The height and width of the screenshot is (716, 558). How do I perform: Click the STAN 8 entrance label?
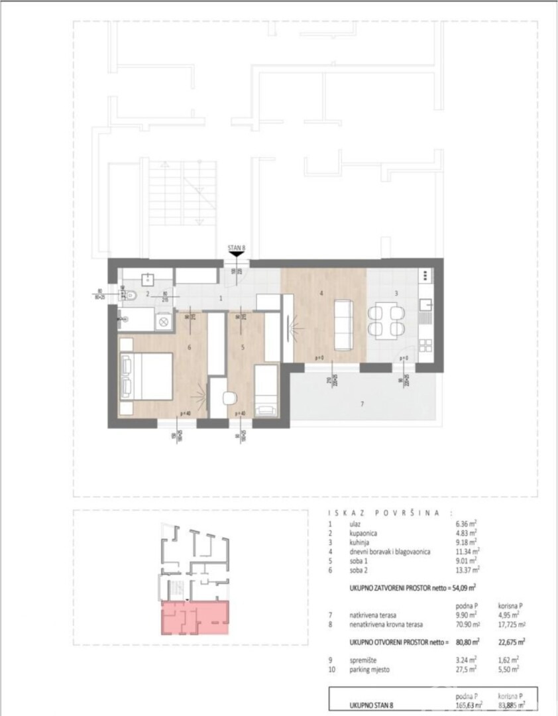tap(237, 249)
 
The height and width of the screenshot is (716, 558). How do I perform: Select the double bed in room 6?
tap(146, 375)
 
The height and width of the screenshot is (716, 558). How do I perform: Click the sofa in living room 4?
tap(343, 325)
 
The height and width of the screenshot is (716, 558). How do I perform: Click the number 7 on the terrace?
tap(362, 404)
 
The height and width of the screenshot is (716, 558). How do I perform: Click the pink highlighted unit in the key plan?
tap(195, 617)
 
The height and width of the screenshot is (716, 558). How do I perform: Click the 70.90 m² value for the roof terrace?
tap(467, 624)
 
